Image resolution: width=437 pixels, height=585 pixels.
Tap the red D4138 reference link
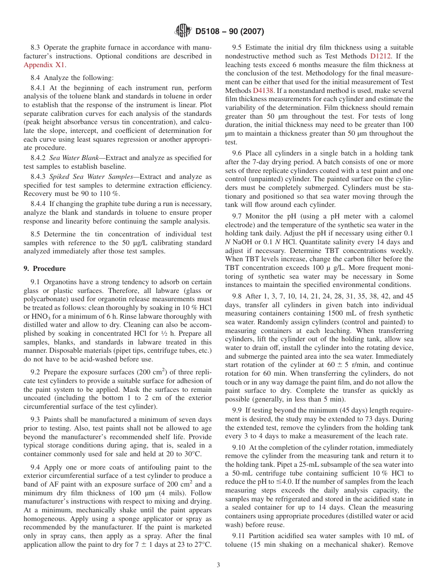tap(263, 91)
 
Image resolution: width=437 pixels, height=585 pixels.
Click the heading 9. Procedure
tap(45, 269)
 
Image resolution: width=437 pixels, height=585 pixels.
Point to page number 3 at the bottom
tap(218, 565)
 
